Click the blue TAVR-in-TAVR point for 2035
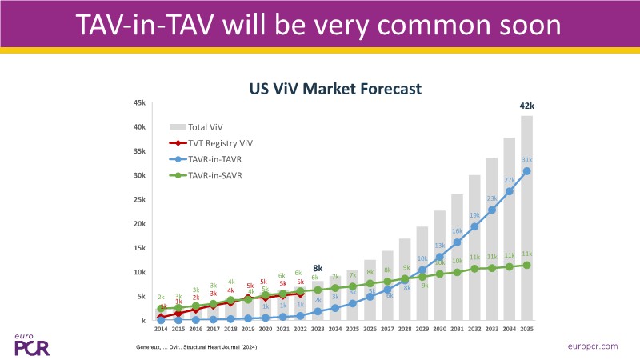pos(526,170)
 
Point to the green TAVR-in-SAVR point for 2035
pos(526,265)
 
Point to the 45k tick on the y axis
pos(139,103)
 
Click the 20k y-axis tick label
pos(139,224)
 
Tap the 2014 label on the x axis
pos(161,329)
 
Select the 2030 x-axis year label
pos(439,329)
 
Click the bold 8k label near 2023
pos(318,269)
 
